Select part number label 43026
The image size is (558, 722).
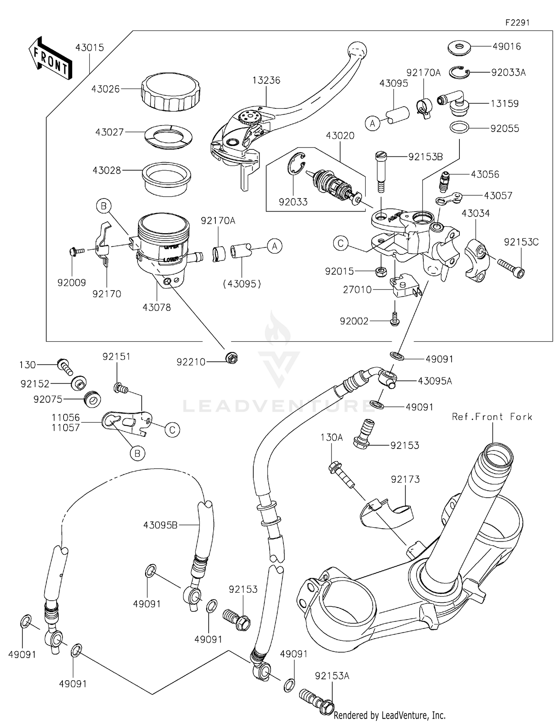point(106,89)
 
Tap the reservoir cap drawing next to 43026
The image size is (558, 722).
point(170,92)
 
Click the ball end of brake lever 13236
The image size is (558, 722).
point(356,50)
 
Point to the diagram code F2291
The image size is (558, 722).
point(517,23)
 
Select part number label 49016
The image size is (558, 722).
point(507,47)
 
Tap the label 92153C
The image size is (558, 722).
point(521,242)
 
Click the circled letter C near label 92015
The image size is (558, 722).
point(340,244)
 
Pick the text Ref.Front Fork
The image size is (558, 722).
point(492,417)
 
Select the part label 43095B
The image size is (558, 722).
point(160,525)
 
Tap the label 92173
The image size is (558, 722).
point(405,479)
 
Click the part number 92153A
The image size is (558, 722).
point(332,676)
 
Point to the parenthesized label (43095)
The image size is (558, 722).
point(242,284)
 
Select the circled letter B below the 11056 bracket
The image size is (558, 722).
point(137,453)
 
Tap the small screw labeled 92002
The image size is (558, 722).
point(395,319)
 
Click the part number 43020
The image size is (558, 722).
point(340,136)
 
